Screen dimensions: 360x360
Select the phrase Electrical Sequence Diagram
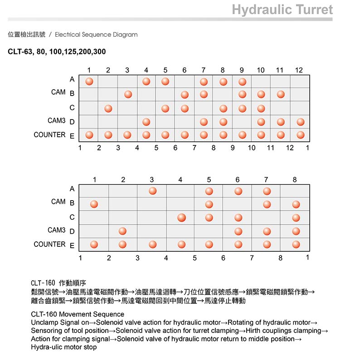pyautogui.click(x=96, y=34)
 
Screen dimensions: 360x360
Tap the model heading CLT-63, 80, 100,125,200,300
pyautogui.click(x=57, y=52)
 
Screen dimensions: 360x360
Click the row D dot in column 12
pyautogui.click(x=300, y=122)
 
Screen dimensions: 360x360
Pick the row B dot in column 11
pyautogui.click(x=281, y=94)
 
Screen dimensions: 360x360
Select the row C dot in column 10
pyautogui.click(x=261, y=109)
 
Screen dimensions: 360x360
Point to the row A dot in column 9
pyautogui.click(x=242, y=82)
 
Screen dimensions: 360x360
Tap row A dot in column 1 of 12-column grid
pyautogui.click(x=89, y=82)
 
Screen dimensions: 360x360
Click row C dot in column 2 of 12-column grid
pyautogui.click(x=108, y=109)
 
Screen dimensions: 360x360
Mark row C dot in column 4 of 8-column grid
pyautogui.click(x=181, y=217)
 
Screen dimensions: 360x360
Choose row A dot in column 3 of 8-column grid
pyautogui.click(x=153, y=191)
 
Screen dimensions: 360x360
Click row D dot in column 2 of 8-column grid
pyautogui.click(x=122, y=231)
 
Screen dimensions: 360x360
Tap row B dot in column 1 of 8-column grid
pyautogui.click(x=94, y=204)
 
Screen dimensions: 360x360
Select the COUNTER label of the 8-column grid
pyautogui.click(x=49, y=245)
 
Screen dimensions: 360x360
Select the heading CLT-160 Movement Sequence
pyautogui.click(x=78, y=314)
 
